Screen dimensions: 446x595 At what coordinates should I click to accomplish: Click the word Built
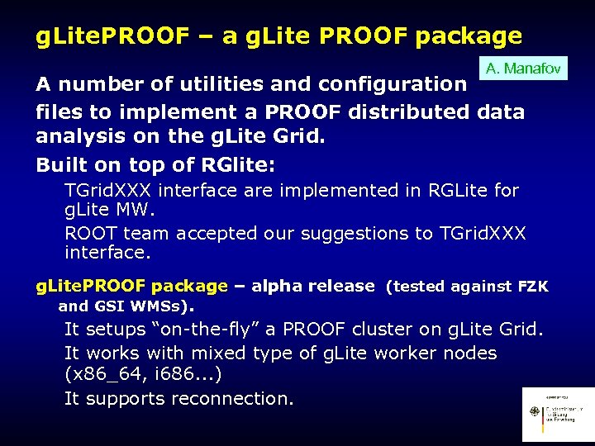click(61, 165)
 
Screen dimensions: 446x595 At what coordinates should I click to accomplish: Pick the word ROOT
click(91, 233)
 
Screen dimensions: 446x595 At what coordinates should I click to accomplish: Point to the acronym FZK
click(533, 287)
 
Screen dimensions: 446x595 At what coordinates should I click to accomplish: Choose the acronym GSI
click(114, 306)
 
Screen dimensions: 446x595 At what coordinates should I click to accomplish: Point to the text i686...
click(184, 373)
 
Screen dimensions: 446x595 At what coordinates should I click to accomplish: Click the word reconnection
click(231, 398)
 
